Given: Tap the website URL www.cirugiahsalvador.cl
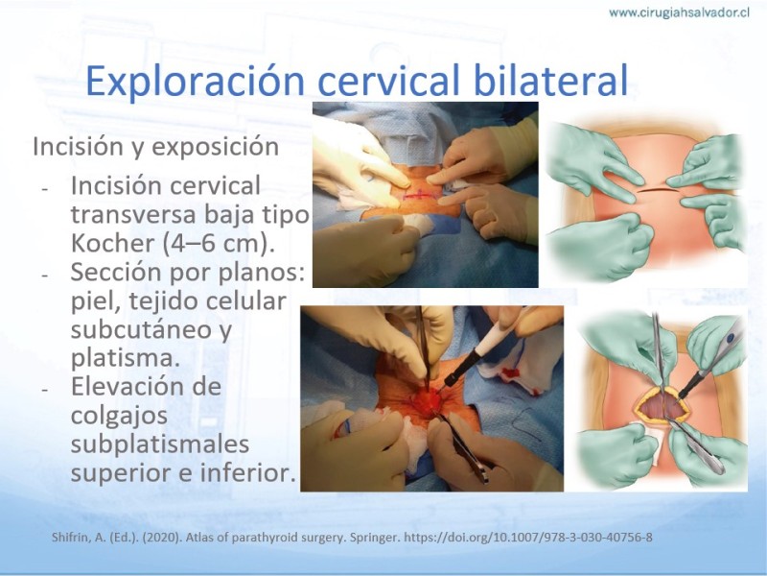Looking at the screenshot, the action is point(680,12).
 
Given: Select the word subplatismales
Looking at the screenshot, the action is point(160,444).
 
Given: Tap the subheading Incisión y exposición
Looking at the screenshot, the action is point(155,147).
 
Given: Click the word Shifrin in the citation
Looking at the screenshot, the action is point(70,538).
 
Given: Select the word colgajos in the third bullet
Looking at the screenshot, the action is point(119,417).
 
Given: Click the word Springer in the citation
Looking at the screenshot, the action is point(376,538).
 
